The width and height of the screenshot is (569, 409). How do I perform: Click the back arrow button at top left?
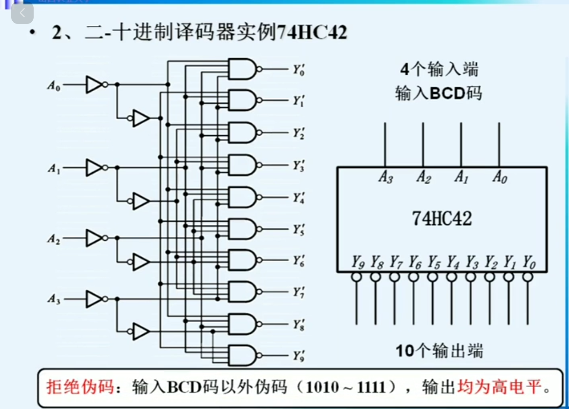point(22,13)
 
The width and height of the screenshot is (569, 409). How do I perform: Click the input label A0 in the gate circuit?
point(53,86)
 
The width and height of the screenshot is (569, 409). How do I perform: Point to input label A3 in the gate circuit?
point(53,299)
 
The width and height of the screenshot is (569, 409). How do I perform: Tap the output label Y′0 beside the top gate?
point(298,70)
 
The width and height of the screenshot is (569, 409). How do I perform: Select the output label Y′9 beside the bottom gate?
point(298,356)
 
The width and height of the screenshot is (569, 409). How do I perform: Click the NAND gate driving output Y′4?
point(242,197)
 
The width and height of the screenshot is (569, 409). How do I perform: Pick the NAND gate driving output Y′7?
point(242,292)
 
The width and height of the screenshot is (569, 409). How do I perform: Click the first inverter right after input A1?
point(94,167)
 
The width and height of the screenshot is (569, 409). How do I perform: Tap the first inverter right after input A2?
point(94,238)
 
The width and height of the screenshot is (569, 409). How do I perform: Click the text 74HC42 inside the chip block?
point(442,219)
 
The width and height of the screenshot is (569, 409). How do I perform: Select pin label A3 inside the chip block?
point(386,177)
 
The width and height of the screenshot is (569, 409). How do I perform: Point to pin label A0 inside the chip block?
point(500,177)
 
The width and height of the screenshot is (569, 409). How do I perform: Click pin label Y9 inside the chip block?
point(358,262)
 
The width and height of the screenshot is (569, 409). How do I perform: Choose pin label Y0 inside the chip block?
point(529,262)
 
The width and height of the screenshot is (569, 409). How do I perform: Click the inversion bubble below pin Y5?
point(433,277)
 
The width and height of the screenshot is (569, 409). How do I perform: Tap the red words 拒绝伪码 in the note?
point(80,387)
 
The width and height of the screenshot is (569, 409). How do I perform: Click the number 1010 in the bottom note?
point(322,387)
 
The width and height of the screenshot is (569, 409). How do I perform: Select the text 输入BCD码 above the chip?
point(438,93)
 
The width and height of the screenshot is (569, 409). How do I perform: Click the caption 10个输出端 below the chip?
point(439,351)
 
